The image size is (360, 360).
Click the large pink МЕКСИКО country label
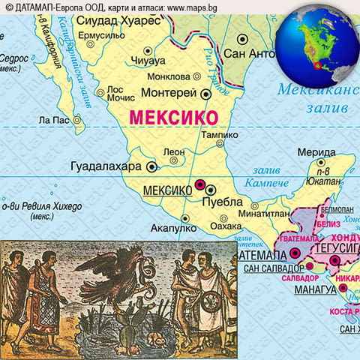tap(173, 118)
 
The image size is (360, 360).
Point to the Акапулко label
tap(173, 228)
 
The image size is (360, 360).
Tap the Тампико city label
tap(218, 135)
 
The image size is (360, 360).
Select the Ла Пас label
tap(54, 119)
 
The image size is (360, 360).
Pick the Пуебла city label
tap(223, 202)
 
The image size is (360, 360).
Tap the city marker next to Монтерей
tap(205, 94)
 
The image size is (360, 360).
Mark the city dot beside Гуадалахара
tap(151, 167)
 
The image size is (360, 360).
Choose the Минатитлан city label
tap(259, 213)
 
